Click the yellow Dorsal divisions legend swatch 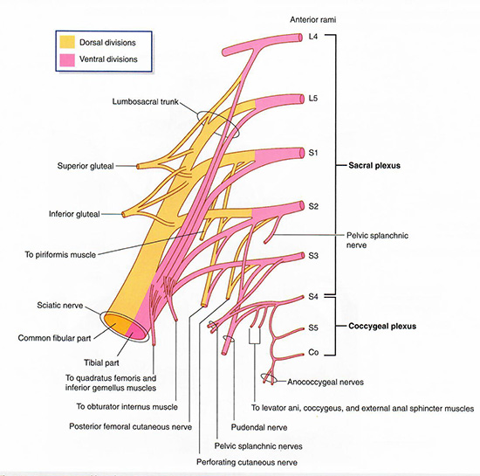tap(67, 42)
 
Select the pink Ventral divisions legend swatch tap(67, 59)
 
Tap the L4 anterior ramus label tap(313, 37)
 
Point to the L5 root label tap(313, 99)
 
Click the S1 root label tap(313, 153)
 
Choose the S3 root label tap(313, 255)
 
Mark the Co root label tap(313, 353)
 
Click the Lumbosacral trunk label tap(145, 101)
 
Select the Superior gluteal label tap(86, 166)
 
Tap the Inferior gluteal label tap(74, 214)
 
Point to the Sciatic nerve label tap(60, 305)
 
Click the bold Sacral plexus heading tap(374, 165)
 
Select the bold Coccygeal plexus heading tap(382, 326)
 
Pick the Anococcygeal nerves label tap(326, 382)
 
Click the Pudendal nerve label tap(259, 427)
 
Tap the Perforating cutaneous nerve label tap(247, 462)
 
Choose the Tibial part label tap(101, 362)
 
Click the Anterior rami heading tap(312, 19)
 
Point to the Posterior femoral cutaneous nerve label tap(130, 427)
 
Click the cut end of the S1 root tap(303, 153)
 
